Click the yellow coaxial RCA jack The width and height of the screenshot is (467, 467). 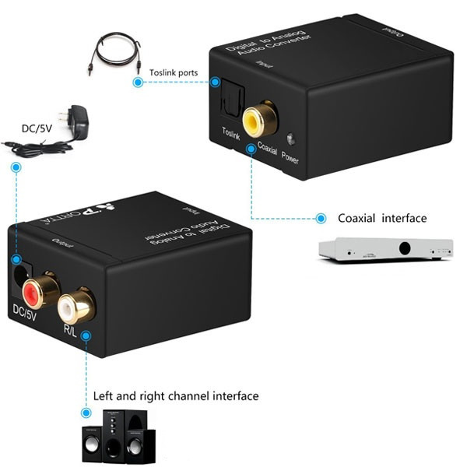tap(254, 121)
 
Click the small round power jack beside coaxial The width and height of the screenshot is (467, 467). tap(290, 139)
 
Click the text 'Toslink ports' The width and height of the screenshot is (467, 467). tap(173, 73)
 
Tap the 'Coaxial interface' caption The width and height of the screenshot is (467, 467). tap(382, 218)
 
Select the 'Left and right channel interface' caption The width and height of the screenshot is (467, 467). tap(176, 396)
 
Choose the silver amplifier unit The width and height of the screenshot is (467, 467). tap(385, 249)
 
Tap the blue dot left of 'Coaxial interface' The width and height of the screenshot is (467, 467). tap(318, 219)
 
